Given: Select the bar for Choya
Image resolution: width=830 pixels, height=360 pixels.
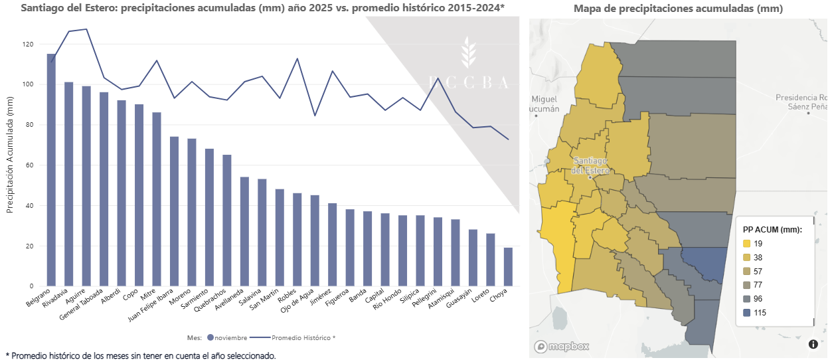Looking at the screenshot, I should point(508,267).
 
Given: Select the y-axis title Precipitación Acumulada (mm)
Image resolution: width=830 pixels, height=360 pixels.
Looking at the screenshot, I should point(10,162).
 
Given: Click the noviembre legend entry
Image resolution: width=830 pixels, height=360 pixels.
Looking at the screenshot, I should point(228,337).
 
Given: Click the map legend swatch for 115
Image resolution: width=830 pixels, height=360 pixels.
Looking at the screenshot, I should point(747,312).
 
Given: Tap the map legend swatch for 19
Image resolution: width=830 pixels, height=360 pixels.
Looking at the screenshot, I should point(747,244).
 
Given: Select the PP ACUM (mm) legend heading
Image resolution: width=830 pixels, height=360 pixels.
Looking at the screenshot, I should point(772,229).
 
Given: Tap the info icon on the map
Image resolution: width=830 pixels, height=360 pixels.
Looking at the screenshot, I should point(813,343).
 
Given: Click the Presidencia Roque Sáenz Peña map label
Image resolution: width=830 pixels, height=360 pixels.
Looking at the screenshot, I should point(802,101).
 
